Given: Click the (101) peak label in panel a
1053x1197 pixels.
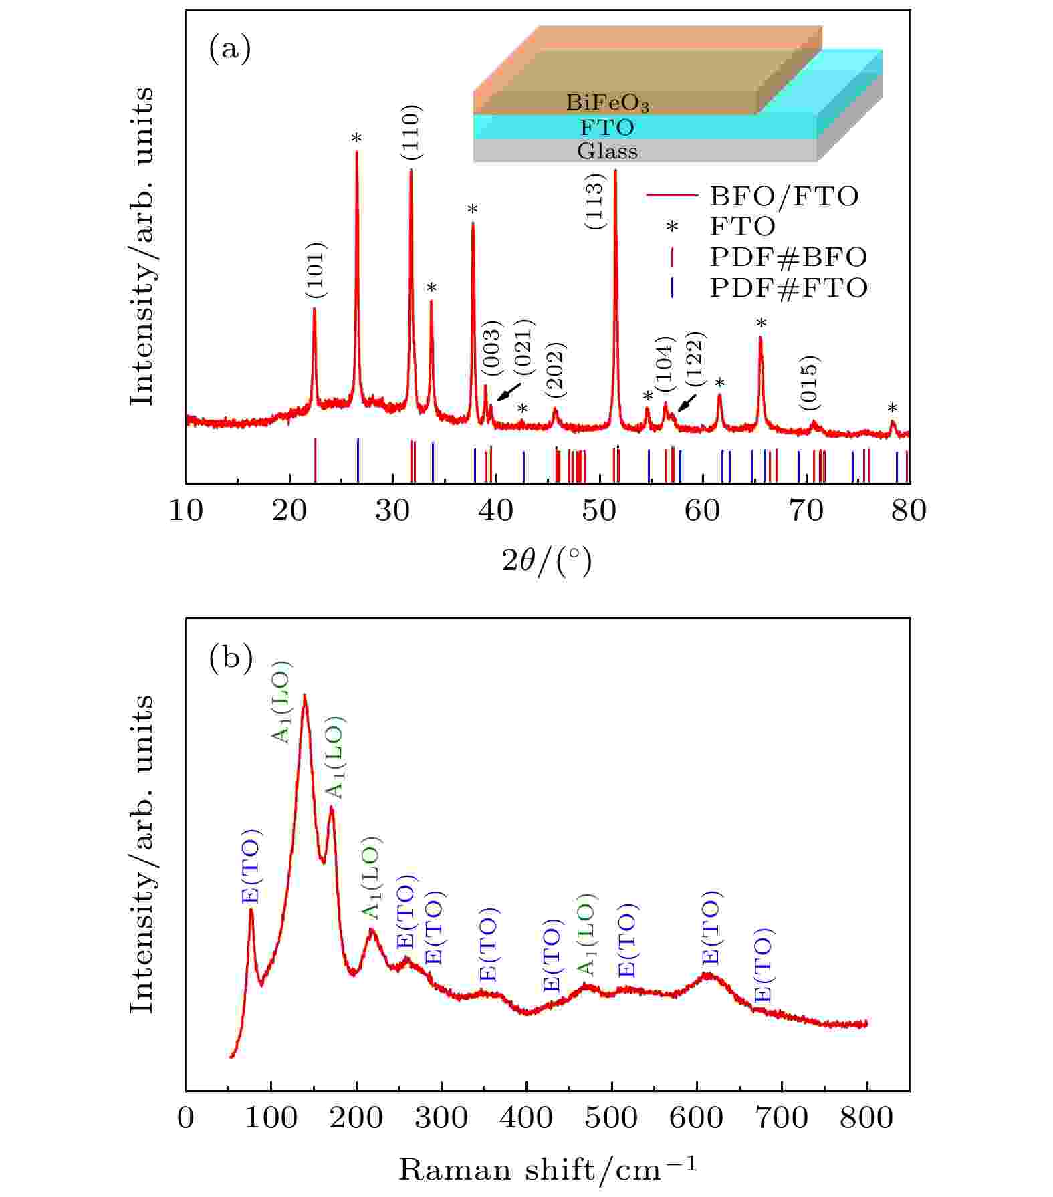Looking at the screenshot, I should click(316, 270).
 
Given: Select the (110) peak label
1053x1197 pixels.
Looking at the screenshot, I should click(412, 132).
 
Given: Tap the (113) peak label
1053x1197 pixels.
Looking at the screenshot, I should click(595, 201).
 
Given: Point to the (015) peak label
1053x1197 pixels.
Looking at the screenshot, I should click(810, 383).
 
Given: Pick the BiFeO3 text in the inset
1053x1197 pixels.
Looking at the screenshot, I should click(607, 102).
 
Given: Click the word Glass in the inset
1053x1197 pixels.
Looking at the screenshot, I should click(607, 151).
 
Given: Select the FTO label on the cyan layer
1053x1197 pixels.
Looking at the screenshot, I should click(607, 127).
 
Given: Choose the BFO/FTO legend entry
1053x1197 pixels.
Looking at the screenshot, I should click(784, 196).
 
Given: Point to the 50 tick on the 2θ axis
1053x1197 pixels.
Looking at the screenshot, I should click(599, 510).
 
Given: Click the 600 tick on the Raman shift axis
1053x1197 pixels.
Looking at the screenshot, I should click(697, 1117).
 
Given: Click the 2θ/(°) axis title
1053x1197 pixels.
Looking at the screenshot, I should click(547, 561).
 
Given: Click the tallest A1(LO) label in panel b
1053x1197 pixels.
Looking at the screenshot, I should click(281, 702).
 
